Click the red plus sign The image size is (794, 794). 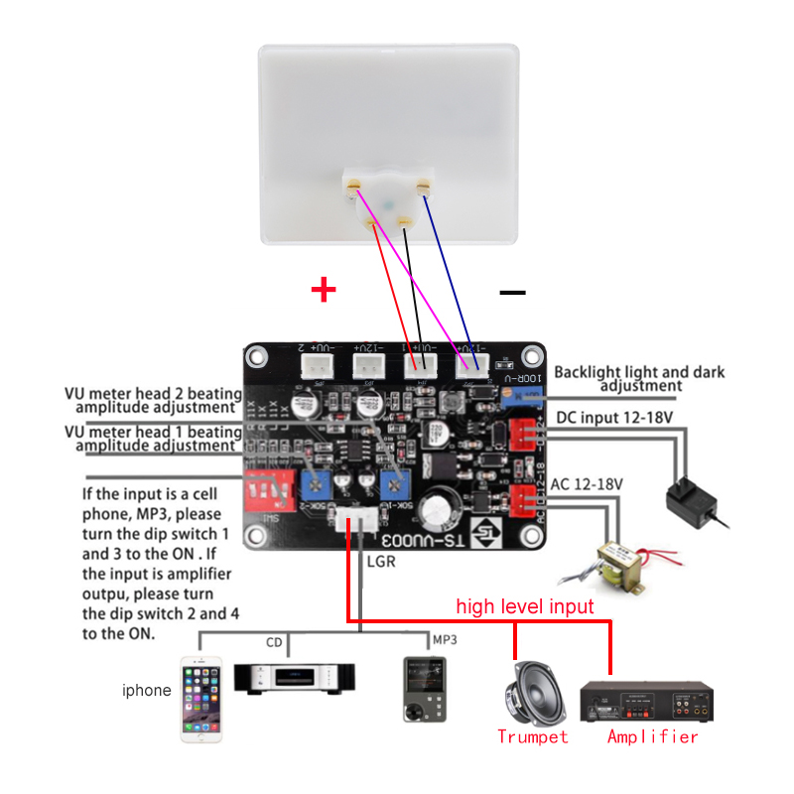point(324,290)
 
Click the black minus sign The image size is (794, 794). point(512,292)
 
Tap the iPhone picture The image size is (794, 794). point(202,700)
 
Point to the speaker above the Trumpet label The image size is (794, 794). point(534,694)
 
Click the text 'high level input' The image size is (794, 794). point(525,605)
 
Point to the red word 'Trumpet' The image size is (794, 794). point(533,736)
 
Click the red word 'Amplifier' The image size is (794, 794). point(653,736)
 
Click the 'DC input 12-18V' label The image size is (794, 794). point(615,417)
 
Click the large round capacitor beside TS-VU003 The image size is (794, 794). point(437,511)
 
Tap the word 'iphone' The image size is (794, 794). point(147,691)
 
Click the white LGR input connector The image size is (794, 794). point(352,518)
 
